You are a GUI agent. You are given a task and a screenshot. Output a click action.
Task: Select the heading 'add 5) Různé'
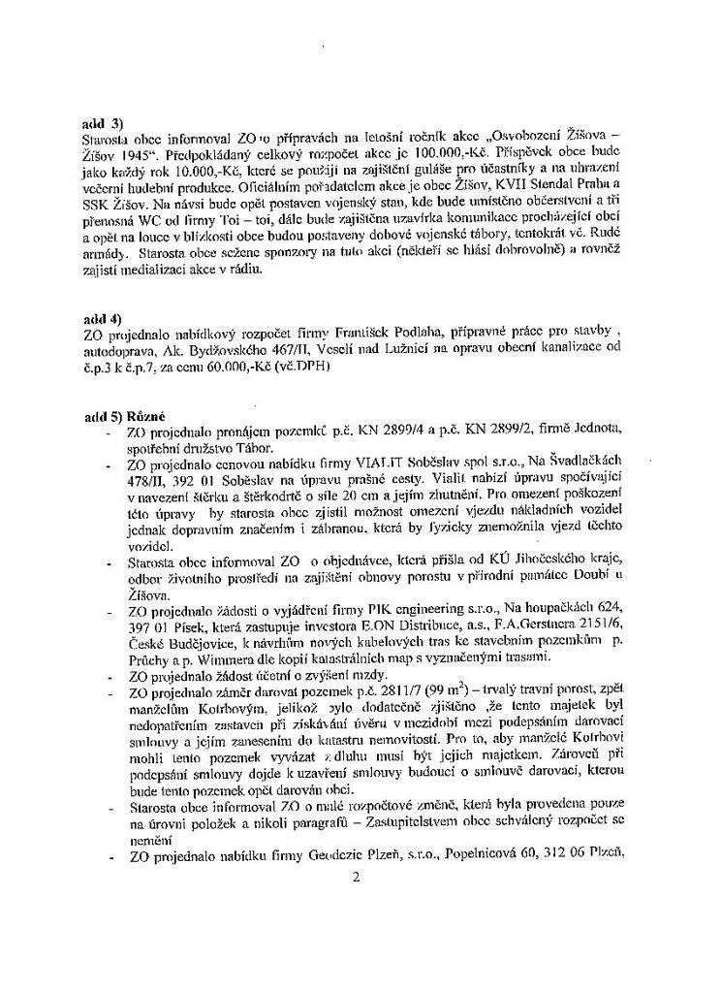(121, 416)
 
